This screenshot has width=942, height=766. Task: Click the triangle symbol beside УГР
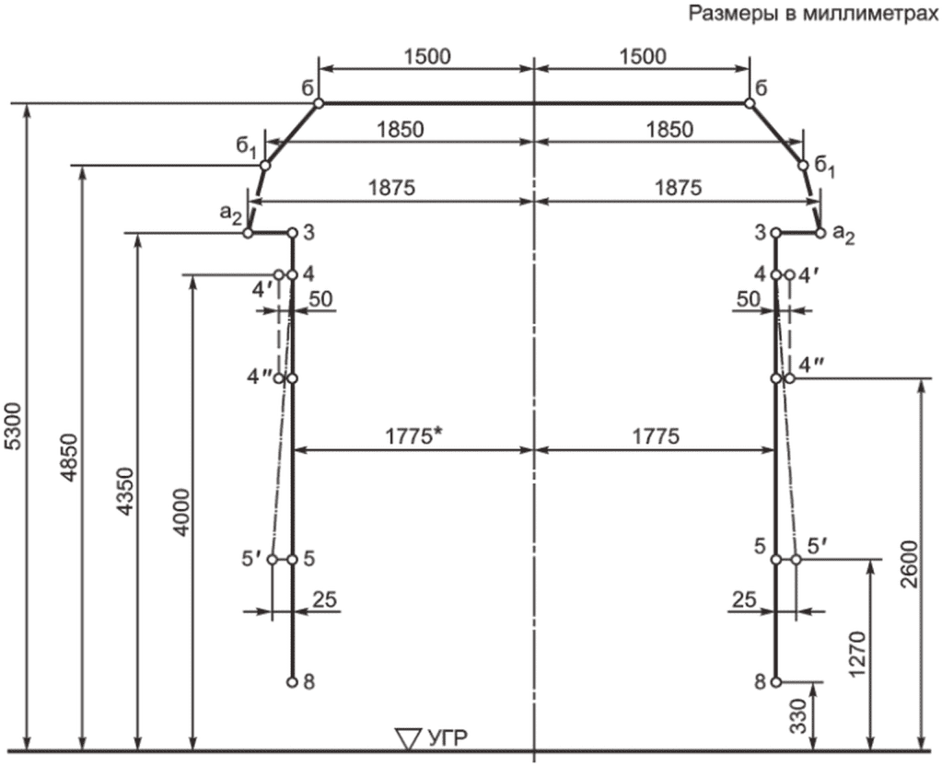(407, 737)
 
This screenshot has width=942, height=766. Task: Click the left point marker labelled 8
(291, 682)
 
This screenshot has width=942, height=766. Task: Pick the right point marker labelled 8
(776, 682)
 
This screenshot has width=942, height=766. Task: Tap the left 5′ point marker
(273, 559)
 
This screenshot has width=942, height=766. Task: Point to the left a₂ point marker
(248, 234)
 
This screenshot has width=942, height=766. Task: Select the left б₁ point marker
(264, 166)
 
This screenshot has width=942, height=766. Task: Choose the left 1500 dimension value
(427, 57)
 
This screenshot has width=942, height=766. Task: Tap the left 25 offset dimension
(322, 599)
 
